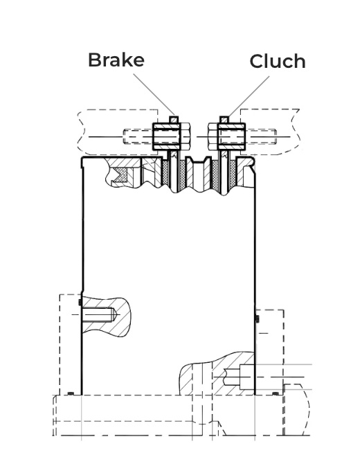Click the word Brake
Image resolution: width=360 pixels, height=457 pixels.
coord(116,60)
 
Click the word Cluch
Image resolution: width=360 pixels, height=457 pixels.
coord(278,61)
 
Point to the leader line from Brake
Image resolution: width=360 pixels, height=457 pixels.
coord(154,94)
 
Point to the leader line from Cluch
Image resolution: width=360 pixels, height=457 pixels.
coord(249,96)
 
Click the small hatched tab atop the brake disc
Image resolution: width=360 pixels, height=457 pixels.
coord(174,120)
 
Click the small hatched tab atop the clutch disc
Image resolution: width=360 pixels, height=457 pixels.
coord(224,120)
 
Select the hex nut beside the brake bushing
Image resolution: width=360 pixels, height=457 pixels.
coord(186,136)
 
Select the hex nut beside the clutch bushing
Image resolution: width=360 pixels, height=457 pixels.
coord(213,136)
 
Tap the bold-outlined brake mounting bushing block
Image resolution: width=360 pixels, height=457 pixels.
coord(167,136)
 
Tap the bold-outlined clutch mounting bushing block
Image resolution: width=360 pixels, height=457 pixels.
coord(231,136)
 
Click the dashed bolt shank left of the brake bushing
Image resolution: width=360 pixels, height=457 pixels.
coord(138,136)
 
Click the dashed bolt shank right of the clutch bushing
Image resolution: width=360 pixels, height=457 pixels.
coord(261,136)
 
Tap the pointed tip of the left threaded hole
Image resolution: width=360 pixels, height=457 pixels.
coord(119,315)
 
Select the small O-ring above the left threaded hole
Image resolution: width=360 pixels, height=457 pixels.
coord(80,302)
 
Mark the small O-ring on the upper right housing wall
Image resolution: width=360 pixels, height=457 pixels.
coord(257,319)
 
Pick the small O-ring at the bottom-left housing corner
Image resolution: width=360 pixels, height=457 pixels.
coord(71,393)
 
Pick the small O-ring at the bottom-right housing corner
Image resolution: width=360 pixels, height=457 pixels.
coord(276,394)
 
